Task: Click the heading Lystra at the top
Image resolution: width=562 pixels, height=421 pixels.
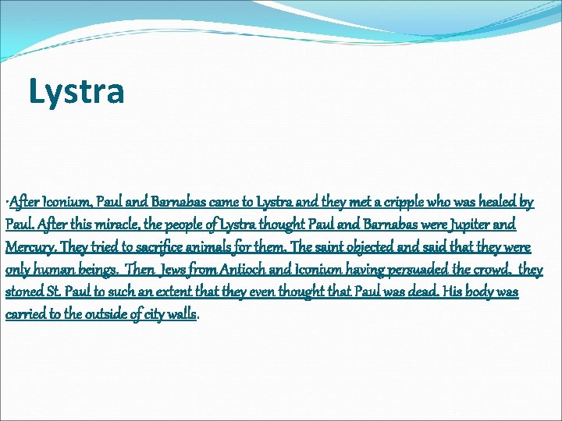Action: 76,90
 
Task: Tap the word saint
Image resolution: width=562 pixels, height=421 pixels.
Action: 312,248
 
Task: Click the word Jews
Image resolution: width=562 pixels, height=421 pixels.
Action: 171,271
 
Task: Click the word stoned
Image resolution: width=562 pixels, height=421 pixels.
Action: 23,292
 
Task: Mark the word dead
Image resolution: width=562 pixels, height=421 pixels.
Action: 428,292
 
